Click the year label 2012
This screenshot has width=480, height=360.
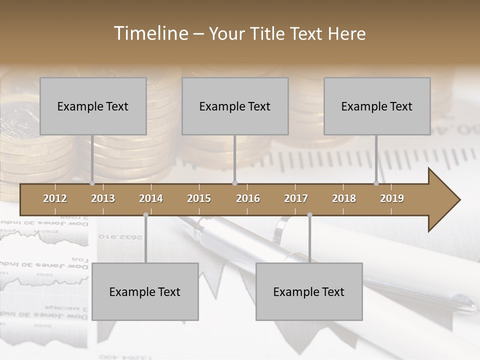[x=55, y=198]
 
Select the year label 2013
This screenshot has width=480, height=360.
[x=103, y=198]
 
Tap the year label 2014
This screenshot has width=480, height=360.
[x=151, y=198]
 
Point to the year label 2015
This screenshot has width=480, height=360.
[x=199, y=198]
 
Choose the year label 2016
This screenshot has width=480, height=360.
[x=248, y=198]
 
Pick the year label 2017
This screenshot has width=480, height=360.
[x=296, y=198]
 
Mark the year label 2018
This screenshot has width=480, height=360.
[x=344, y=198]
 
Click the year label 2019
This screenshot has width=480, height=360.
[x=392, y=198]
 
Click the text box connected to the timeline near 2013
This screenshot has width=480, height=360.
[x=93, y=106]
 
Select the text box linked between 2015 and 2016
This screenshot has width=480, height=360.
[x=235, y=106]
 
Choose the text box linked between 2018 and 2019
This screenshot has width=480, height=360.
[x=377, y=106]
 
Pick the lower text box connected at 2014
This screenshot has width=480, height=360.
[x=145, y=291]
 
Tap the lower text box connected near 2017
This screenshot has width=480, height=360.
[x=309, y=291]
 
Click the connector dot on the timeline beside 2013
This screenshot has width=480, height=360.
[x=92, y=183]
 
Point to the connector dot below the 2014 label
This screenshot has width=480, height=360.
[x=145, y=215]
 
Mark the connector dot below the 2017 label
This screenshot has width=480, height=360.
[x=309, y=215]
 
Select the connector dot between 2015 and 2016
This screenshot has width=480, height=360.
[x=235, y=183]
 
